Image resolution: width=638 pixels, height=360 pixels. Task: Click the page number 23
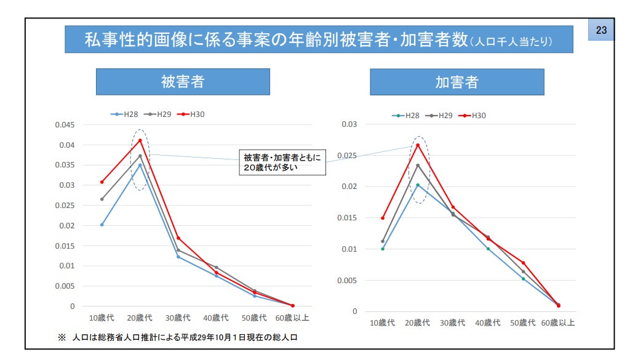(601, 30)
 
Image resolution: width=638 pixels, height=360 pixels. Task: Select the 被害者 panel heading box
(183, 82)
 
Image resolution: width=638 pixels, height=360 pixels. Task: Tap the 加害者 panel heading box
(457, 82)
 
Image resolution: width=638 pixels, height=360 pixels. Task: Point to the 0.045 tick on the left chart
(64, 125)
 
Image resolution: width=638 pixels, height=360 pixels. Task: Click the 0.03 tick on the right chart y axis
(349, 124)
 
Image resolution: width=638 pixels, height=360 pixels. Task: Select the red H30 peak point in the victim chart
(140, 140)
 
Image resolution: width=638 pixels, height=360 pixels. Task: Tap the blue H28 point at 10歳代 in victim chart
(102, 225)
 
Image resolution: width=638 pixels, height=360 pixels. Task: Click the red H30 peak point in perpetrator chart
(418, 145)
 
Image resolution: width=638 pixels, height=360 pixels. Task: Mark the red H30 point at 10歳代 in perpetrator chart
(383, 218)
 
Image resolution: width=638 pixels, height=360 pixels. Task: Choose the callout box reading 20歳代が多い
(282, 162)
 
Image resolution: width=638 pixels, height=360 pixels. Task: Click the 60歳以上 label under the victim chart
(292, 318)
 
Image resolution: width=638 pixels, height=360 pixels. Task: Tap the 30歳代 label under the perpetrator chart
(453, 322)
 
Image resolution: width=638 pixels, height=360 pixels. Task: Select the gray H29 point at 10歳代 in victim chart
(102, 199)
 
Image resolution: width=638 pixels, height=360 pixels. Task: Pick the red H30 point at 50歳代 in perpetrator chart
(524, 263)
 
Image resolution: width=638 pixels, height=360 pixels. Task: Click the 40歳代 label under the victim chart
(216, 318)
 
